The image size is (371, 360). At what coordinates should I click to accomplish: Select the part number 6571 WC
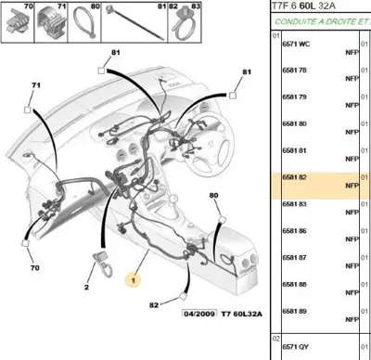tap(294, 44)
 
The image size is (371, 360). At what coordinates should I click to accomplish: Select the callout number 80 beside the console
tap(214, 196)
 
